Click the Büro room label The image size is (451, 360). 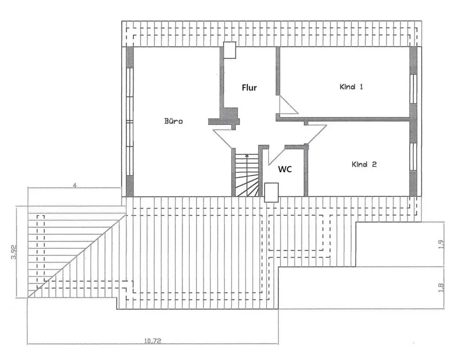tap(174, 121)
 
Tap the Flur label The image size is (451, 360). tap(249, 88)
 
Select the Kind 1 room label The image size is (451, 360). tap(351, 87)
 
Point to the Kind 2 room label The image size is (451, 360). tap(364, 165)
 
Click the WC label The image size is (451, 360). tap(285, 169)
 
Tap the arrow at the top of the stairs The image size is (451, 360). tap(246, 156)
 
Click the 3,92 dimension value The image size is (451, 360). tap(14, 252)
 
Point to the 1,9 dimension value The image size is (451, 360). tap(441, 244)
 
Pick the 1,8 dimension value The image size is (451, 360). tap(441, 287)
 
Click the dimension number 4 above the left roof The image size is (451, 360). tap(74, 185)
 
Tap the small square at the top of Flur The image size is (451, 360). tap(230, 50)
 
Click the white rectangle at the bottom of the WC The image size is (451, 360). tap(272, 192)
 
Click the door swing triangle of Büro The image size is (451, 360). tap(224, 136)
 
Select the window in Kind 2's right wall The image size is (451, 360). tap(413, 157)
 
